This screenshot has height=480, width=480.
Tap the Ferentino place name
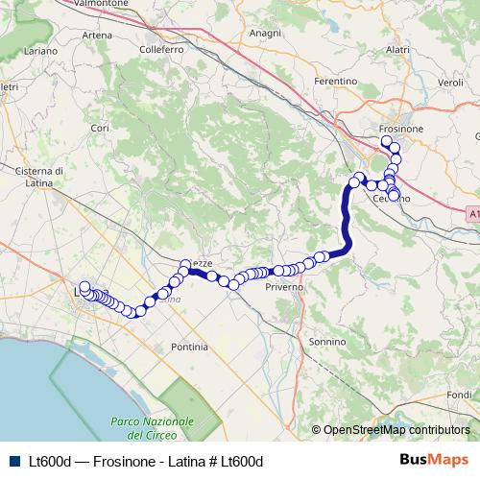pyautogui.click(x=336, y=83)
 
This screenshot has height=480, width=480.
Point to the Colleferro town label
pyautogui.click(x=161, y=48)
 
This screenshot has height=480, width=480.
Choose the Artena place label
pyautogui.click(x=98, y=36)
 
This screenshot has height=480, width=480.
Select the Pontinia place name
pyautogui.click(x=188, y=346)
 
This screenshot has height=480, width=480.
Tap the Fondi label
pyautogui.click(x=461, y=395)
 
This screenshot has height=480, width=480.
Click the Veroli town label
pyautogui.click(x=450, y=83)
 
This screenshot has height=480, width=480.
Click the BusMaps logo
pyautogui.click(x=434, y=460)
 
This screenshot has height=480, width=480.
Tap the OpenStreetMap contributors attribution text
pyautogui.click(x=396, y=430)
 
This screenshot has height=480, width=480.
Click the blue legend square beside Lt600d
pyautogui.click(x=12, y=461)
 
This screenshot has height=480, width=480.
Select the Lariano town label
pyautogui.click(x=42, y=49)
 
